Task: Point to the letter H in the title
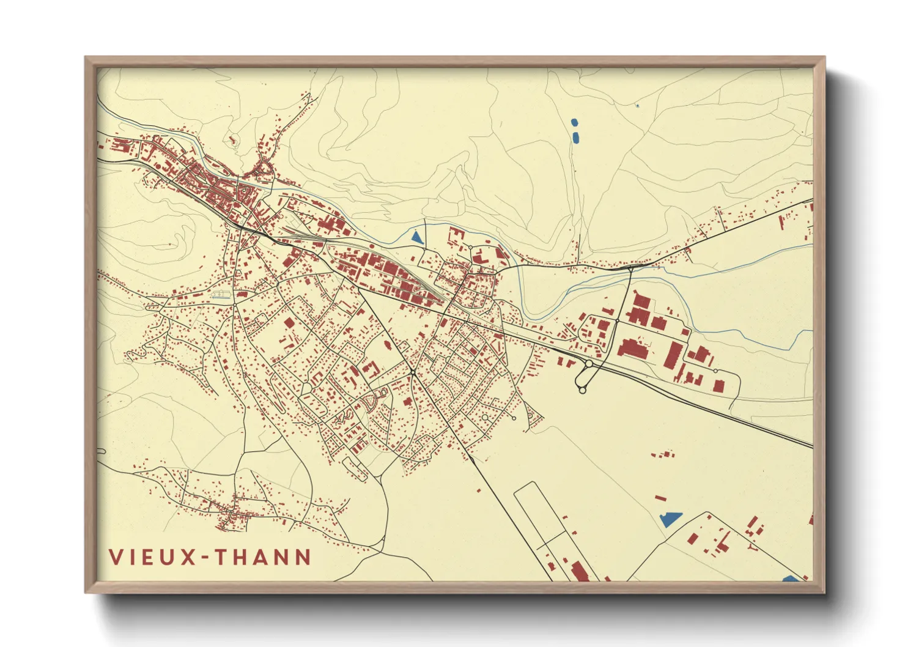[x=242, y=557]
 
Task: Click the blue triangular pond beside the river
[x=417, y=237]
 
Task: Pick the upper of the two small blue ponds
[x=574, y=123]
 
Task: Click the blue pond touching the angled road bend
[x=671, y=520]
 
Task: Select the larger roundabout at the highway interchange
[x=589, y=363]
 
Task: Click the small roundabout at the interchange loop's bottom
[x=582, y=390]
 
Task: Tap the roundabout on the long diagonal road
[x=413, y=372]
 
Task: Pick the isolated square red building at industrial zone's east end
[x=719, y=385]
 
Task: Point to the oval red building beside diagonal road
[x=387, y=345]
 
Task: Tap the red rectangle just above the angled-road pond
[x=660, y=498]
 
